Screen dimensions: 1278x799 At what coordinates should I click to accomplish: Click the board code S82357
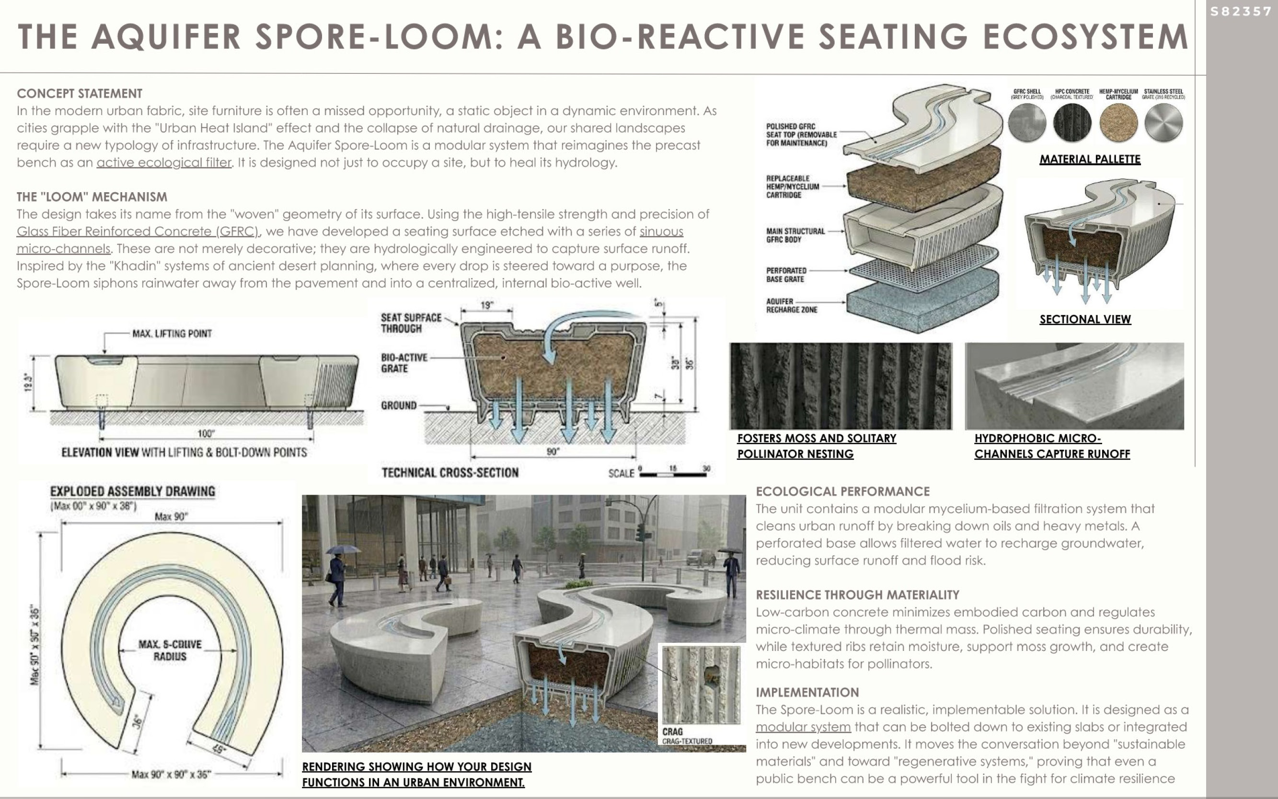pyautogui.click(x=1241, y=12)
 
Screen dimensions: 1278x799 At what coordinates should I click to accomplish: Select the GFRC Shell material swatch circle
pyautogui.click(x=1026, y=123)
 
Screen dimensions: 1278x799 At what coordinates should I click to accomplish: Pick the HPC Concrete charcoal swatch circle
pyautogui.click(x=1072, y=123)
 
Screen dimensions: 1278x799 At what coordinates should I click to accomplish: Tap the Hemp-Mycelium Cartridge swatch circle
pyautogui.click(x=1118, y=123)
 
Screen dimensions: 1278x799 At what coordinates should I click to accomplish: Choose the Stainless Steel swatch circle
pyautogui.click(x=1163, y=123)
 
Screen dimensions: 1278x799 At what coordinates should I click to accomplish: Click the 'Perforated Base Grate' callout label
pyautogui.click(x=786, y=275)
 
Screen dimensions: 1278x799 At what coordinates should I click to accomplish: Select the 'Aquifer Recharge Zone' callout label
pyautogui.click(x=792, y=305)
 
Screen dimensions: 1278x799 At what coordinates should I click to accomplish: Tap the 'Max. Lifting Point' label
pyautogui.click(x=172, y=334)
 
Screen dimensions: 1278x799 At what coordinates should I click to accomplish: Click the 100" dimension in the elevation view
pyautogui.click(x=206, y=434)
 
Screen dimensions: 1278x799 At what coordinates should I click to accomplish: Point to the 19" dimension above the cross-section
pyautogui.click(x=486, y=305)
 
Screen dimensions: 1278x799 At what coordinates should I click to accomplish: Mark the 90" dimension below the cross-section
pyautogui.click(x=553, y=452)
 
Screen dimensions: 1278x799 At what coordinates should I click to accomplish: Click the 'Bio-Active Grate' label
pyautogui.click(x=403, y=362)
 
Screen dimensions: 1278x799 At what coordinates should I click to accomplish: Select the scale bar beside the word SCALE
pyautogui.click(x=674, y=474)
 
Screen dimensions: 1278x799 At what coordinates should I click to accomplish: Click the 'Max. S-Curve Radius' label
pyautogui.click(x=170, y=650)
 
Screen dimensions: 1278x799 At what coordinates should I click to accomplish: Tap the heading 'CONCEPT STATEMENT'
pyautogui.click(x=79, y=93)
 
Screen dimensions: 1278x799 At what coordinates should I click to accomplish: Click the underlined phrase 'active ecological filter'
pyautogui.click(x=164, y=162)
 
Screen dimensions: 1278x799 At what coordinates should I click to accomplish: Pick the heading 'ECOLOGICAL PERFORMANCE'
pyautogui.click(x=842, y=491)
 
